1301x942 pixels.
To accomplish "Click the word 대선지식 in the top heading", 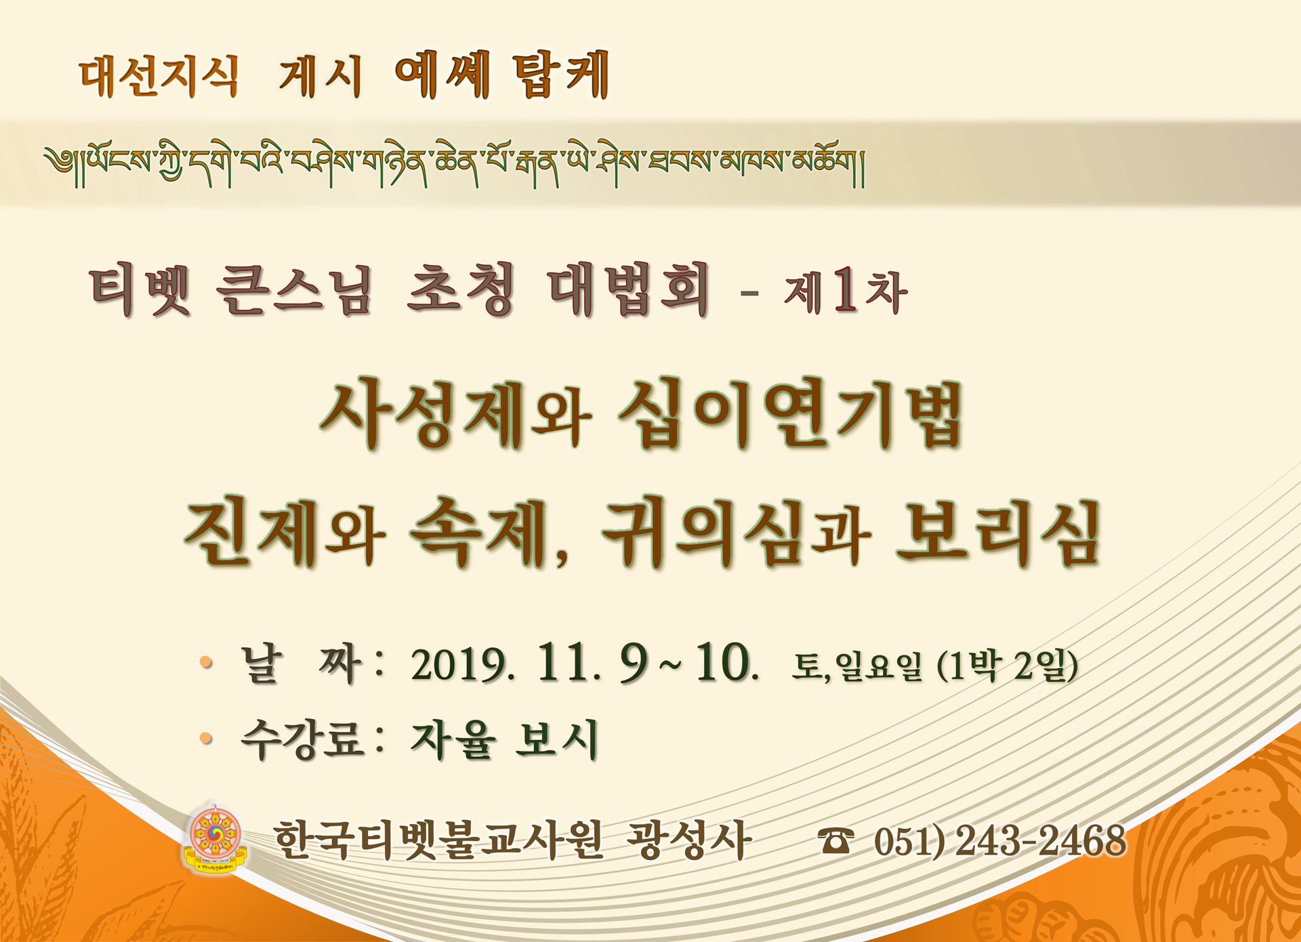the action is [159, 76].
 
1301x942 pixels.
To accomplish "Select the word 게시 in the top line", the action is [321, 76].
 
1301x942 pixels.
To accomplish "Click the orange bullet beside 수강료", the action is [207, 739].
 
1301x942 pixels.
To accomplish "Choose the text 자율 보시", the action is [504, 739].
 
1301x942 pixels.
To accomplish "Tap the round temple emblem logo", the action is [215, 838].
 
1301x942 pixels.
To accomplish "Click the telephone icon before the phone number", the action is [835, 841].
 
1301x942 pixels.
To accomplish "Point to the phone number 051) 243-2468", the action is [1000, 841].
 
